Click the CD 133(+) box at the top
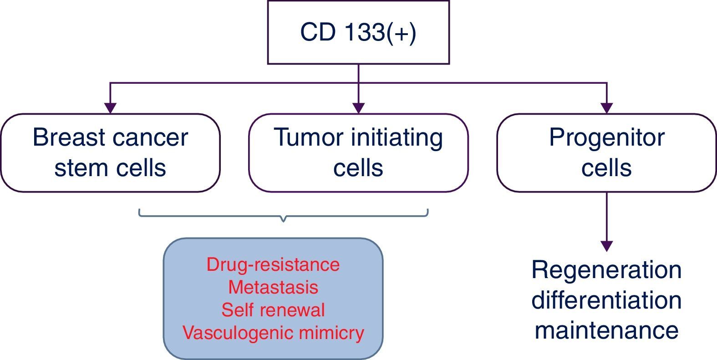359,32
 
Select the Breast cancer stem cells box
111,153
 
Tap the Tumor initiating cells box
359,153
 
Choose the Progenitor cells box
606,153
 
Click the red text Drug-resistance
273,265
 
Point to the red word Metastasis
273,287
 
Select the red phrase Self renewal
273,310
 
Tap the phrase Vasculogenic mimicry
273,333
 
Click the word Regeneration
606,270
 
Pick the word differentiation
606,300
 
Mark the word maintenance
606,330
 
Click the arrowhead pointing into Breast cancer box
111,108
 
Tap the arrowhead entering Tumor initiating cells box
359,108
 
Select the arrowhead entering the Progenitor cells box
606,108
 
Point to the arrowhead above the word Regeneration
606,246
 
